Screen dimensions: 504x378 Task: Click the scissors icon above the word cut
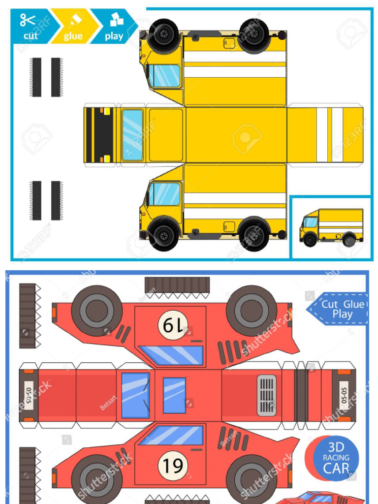[28, 20]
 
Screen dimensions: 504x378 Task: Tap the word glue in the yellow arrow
[73, 36]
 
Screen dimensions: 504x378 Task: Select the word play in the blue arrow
[114, 36]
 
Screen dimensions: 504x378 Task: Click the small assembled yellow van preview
[331, 227]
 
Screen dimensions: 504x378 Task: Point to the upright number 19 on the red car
[173, 465]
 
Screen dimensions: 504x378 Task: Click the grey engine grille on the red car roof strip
[267, 395]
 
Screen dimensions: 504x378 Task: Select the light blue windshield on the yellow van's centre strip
[132, 135]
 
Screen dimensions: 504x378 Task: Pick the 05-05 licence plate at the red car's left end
[29, 395]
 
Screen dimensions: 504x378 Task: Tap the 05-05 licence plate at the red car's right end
[344, 395]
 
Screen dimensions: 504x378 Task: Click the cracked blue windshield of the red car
[135, 395]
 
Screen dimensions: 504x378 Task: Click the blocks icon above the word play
[116, 20]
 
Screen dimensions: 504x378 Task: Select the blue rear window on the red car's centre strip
[174, 395]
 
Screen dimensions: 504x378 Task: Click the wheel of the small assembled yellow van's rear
[349, 240]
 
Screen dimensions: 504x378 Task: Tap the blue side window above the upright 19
[172, 435]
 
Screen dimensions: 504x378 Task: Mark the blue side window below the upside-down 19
[172, 355]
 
